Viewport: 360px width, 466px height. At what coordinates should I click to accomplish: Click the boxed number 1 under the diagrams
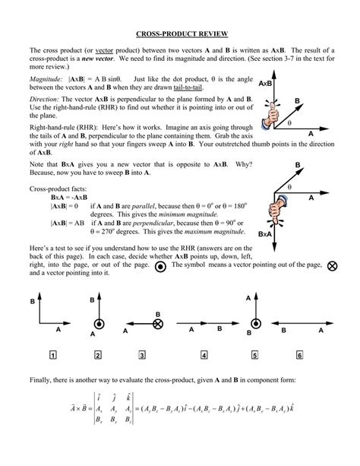[x=52, y=354]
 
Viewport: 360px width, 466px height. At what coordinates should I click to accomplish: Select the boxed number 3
[x=142, y=354]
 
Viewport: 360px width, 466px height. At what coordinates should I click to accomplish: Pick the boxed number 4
[x=205, y=354]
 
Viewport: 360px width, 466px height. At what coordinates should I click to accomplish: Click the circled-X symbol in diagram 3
[x=158, y=323]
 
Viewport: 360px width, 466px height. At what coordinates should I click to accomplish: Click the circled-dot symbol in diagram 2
[x=99, y=323]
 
